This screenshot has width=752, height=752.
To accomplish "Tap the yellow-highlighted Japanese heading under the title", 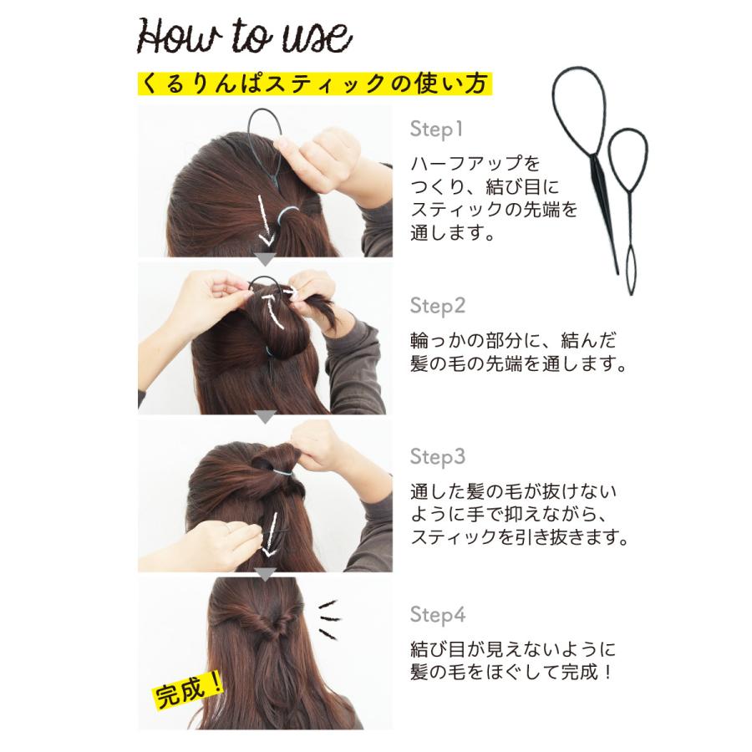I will [313, 83].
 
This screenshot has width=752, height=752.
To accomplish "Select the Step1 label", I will [435, 130].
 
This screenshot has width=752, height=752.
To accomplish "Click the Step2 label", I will [437, 306].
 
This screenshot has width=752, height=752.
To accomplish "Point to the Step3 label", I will [437, 457].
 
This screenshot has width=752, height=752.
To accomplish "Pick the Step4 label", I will [437, 615].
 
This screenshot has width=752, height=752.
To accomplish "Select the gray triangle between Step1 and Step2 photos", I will [265, 259].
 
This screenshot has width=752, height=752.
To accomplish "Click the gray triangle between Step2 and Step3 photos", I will [265, 415].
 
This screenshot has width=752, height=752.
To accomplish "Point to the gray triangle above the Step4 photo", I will [265, 573].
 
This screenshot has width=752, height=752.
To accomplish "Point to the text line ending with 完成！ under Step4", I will [511, 671].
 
